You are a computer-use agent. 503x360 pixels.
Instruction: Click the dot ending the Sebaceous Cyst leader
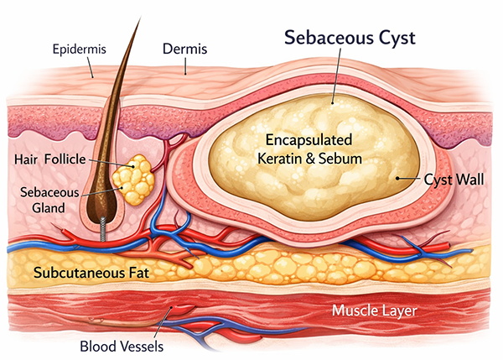[x=333, y=101]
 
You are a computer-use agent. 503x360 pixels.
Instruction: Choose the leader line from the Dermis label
[x=184, y=65]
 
